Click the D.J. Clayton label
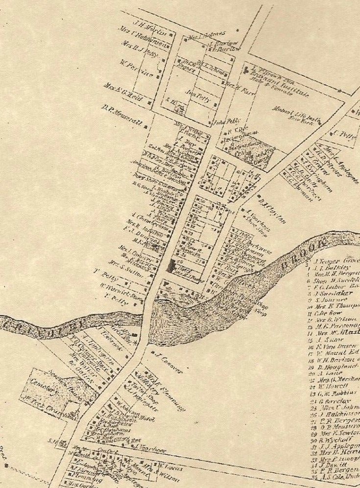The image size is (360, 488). point(272,209)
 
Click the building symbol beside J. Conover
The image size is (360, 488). point(153,352)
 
